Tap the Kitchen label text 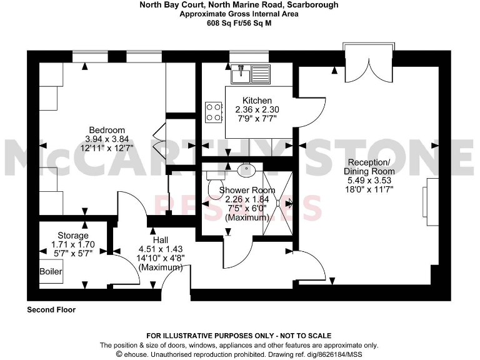pos(257,101)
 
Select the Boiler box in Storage pos(51,271)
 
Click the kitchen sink pos(250,74)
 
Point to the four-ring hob pos(214,112)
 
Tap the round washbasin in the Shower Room pos(246,169)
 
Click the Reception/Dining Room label pos(371,167)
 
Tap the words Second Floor pos(51,309)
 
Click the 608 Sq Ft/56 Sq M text pos(239,22)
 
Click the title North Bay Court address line pos(239,4)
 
